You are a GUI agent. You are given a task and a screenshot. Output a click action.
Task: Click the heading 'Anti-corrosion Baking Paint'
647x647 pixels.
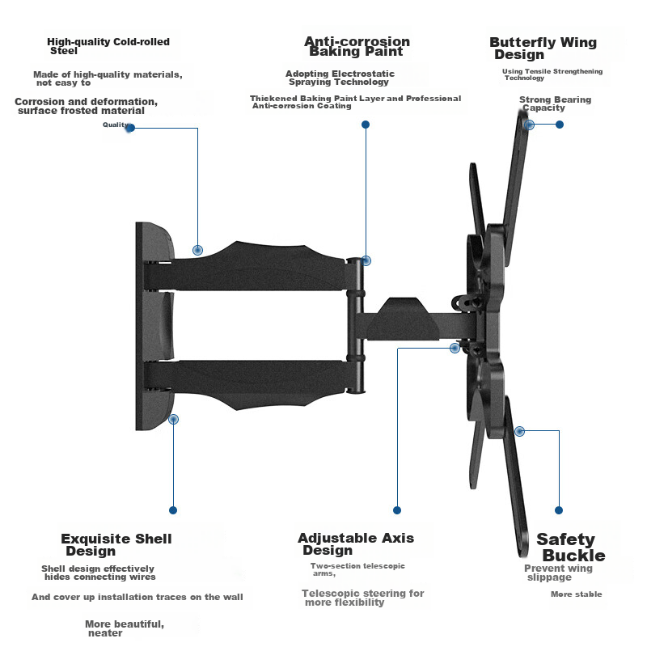click(357, 46)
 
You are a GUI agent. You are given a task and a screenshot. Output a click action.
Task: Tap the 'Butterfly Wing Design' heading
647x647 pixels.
click(543, 49)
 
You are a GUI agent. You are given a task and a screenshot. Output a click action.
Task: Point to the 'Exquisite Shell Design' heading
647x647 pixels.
click(116, 544)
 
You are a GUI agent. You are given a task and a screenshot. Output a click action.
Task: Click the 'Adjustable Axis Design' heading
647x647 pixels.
click(355, 543)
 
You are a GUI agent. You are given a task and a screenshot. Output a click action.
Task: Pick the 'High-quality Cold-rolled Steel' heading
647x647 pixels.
click(108, 45)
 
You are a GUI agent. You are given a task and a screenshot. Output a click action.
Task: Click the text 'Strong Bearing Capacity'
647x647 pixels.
click(555, 104)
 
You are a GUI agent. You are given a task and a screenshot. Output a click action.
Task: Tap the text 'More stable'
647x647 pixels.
click(576, 594)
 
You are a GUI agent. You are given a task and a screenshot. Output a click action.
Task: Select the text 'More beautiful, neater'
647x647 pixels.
click(125, 628)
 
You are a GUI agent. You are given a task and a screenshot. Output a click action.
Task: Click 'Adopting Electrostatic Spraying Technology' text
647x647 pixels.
click(340, 78)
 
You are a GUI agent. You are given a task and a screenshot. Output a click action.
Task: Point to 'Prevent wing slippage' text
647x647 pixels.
click(558, 573)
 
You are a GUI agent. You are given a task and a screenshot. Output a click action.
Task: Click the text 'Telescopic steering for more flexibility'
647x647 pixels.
click(362, 598)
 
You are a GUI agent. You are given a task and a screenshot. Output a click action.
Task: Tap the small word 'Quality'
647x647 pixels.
click(116, 125)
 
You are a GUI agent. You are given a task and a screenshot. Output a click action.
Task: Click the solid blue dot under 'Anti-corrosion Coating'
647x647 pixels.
click(366, 125)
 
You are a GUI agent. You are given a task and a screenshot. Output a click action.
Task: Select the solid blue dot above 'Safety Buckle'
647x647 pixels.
click(559, 510)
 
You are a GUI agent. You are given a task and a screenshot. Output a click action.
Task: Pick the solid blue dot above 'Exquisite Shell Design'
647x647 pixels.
click(172, 510)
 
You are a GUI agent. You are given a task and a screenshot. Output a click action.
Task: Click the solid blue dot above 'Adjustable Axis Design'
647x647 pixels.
click(396, 510)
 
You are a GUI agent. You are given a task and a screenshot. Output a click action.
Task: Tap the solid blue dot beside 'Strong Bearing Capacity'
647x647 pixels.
click(560, 125)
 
